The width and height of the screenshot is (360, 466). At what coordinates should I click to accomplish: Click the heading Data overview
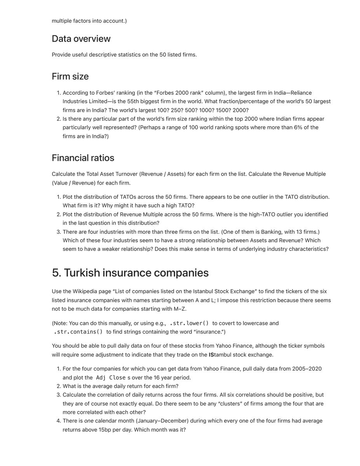(81, 39)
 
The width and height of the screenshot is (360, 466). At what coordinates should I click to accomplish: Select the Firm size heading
(70, 77)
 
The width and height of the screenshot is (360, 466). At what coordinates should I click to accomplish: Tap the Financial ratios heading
(83, 158)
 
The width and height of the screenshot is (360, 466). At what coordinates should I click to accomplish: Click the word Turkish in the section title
(82, 273)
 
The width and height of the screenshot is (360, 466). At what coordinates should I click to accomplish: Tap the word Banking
(272, 232)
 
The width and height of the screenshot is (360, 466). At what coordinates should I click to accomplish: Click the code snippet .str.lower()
(190, 323)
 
